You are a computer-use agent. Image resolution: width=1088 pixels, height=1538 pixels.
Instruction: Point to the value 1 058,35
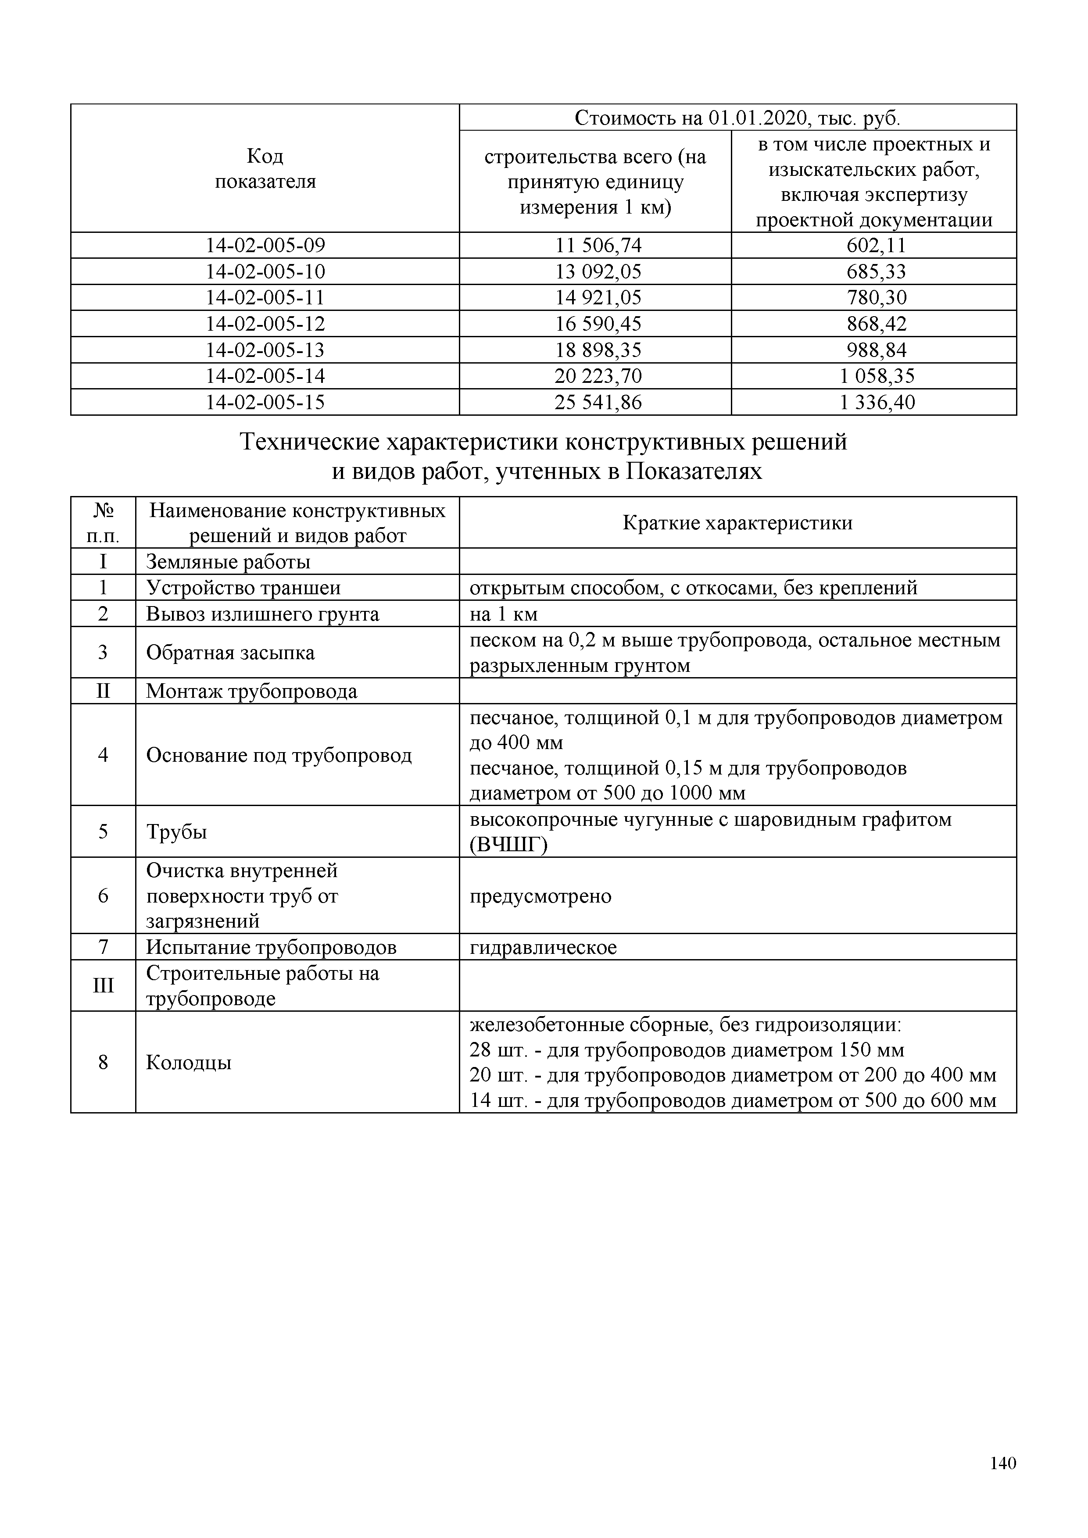pyautogui.click(x=876, y=376)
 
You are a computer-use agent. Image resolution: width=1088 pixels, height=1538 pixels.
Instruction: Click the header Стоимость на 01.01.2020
pyautogui.click(x=737, y=118)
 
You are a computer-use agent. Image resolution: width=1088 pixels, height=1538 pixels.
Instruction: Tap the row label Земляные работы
pyautogui.click(x=228, y=562)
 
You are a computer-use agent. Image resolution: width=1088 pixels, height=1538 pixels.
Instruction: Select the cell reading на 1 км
pyautogui.click(x=503, y=614)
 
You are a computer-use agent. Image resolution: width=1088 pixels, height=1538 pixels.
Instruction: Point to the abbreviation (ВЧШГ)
pyautogui.click(x=508, y=846)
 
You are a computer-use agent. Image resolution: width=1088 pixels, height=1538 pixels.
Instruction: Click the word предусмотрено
pyautogui.click(x=540, y=896)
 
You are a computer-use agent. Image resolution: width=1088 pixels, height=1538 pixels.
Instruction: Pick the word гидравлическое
pyautogui.click(x=543, y=948)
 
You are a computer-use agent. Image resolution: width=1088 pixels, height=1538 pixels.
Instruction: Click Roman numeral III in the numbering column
pyautogui.click(x=103, y=986)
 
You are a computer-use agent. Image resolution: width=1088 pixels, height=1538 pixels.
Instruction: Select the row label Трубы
pyautogui.click(x=176, y=832)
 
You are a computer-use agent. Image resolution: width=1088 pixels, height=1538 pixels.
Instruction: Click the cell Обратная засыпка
pyautogui.click(x=230, y=653)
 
